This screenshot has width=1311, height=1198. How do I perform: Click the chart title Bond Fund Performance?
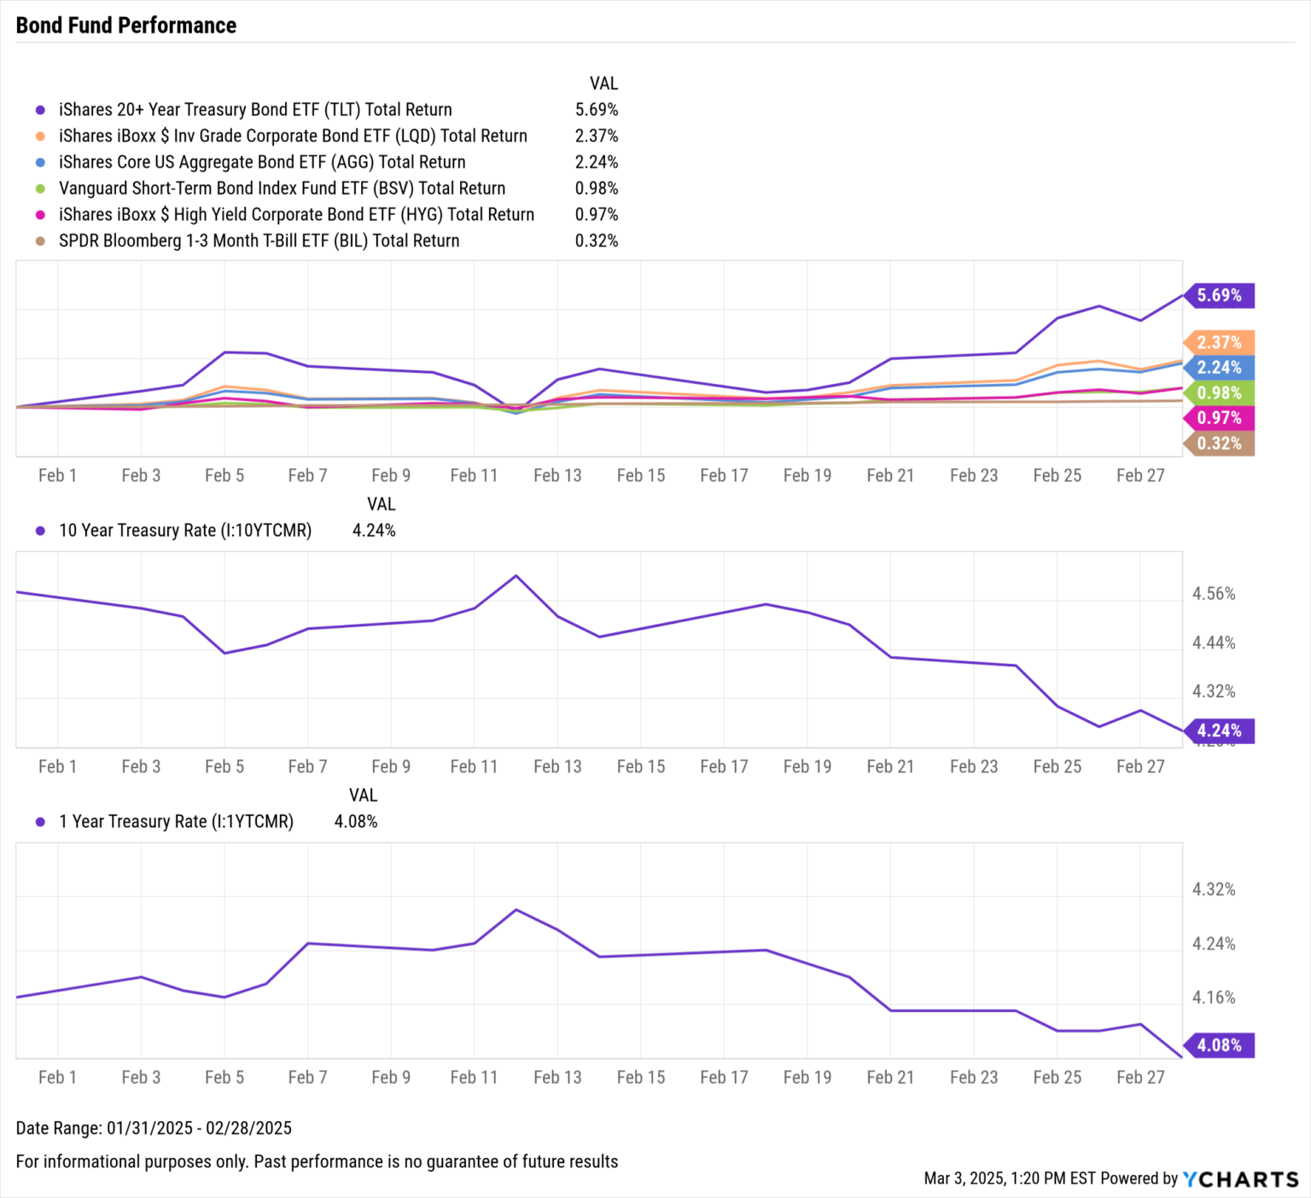click(126, 26)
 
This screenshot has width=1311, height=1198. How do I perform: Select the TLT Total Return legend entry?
click(255, 109)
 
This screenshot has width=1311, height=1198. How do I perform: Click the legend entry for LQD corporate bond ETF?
click(293, 136)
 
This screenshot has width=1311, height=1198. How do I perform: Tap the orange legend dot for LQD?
click(40, 137)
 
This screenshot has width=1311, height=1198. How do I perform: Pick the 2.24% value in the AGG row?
click(596, 162)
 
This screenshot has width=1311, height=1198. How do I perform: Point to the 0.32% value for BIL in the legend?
click(596, 241)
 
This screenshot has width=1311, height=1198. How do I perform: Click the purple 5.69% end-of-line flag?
click(1219, 295)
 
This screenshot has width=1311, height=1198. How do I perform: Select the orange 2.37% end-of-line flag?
click(1219, 342)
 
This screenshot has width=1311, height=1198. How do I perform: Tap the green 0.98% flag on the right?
click(1219, 393)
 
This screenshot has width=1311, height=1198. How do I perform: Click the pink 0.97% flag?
click(1219, 417)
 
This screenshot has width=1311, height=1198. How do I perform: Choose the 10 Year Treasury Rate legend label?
click(185, 531)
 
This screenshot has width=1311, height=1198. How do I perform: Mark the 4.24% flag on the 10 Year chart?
click(1219, 730)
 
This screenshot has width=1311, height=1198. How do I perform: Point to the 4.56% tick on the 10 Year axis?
click(1214, 594)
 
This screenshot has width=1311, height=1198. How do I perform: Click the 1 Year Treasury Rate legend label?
click(176, 822)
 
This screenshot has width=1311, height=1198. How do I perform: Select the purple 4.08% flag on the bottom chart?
click(1219, 1045)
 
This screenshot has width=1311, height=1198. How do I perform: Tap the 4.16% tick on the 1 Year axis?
click(1214, 997)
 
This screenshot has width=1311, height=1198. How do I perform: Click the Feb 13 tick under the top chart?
click(557, 475)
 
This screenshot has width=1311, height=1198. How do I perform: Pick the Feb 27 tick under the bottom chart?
click(1140, 1077)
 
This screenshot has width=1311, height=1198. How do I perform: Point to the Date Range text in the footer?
click(154, 1128)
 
